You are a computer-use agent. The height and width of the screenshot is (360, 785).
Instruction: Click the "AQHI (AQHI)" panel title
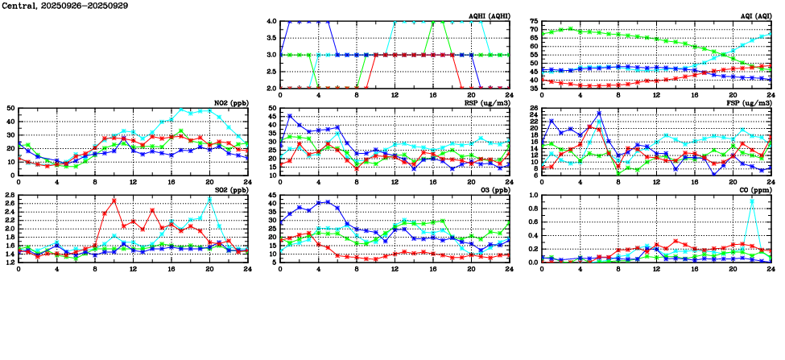(489, 16)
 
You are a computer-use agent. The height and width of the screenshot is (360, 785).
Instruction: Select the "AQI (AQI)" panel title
(754, 16)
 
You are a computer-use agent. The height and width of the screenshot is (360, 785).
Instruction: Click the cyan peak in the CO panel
(752, 200)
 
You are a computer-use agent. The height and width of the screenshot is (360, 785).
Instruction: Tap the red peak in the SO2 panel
(114, 200)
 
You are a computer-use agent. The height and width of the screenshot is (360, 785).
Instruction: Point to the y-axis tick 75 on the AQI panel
(534, 22)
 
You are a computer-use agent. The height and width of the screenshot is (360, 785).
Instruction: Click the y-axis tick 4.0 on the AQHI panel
(271, 22)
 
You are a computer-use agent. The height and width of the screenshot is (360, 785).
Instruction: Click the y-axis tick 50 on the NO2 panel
(10, 108)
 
